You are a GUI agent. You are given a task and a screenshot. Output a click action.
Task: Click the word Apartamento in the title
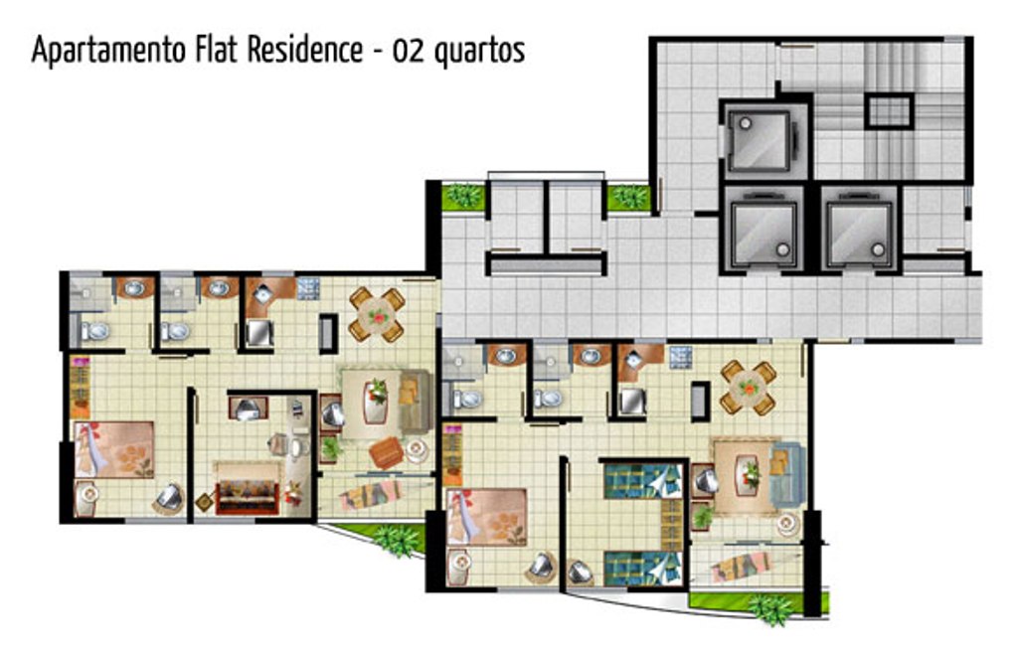[x=109, y=50]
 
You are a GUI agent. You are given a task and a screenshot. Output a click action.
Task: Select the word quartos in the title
[x=480, y=52]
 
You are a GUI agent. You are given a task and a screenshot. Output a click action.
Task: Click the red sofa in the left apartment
[x=247, y=497]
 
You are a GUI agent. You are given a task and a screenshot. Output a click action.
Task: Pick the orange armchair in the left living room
[x=387, y=452]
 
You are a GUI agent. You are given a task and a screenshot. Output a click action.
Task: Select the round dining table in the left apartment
[x=377, y=315]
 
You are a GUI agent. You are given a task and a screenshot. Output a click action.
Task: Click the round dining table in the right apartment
[x=748, y=388]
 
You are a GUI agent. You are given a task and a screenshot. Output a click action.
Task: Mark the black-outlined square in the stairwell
[x=890, y=111]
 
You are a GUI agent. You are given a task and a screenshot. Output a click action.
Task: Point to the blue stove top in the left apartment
[x=308, y=288]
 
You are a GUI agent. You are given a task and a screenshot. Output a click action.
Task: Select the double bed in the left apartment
[x=114, y=449]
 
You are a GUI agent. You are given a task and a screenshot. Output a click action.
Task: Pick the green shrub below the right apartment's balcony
[x=771, y=609]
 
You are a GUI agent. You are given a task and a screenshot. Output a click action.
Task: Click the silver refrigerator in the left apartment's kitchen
[x=259, y=333]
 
